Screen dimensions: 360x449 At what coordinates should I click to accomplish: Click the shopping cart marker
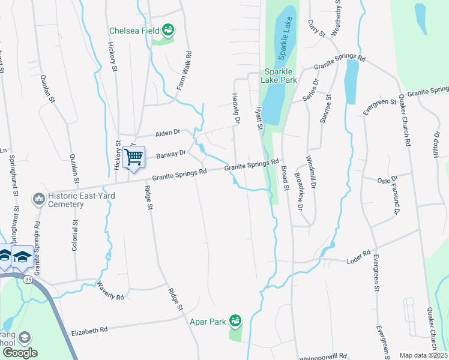pyautogui.click(x=134, y=158)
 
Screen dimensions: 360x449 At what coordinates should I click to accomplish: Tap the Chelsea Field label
pyautogui.click(x=134, y=31)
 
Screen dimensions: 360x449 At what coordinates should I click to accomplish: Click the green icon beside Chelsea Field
pyautogui.click(x=169, y=29)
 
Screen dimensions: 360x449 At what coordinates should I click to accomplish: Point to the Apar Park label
pyautogui.click(x=208, y=322)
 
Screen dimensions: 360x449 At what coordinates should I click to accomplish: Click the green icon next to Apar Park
pyautogui.click(x=236, y=321)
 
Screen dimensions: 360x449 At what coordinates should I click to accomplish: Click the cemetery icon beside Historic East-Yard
pyautogui.click(x=39, y=198)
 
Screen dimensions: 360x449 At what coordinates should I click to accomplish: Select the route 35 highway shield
pyautogui.click(x=28, y=279)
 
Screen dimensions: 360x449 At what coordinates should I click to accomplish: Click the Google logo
pyautogui.click(x=20, y=353)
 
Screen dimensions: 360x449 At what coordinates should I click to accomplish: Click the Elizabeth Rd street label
pyautogui.click(x=89, y=330)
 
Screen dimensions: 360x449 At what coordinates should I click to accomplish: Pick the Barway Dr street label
pyautogui.click(x=171, y=154)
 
